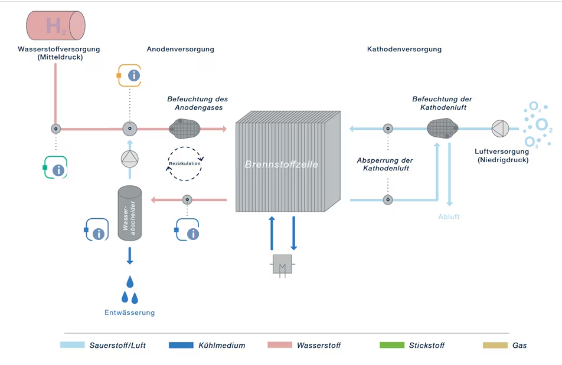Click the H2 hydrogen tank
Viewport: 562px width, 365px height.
[x=55, y=25]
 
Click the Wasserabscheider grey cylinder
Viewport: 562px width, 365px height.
[x=130, y=213]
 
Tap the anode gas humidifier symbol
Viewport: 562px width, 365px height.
[x=185, y=127]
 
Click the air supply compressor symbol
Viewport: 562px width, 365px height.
[x=500, y=128]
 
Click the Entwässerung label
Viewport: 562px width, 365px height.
[x=129, y=313]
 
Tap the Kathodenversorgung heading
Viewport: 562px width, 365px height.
[x=404, y=50]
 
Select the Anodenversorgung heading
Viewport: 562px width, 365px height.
[x=180, y=50]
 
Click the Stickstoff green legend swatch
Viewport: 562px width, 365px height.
[x=391, y=345]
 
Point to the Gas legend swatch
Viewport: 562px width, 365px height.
[x=495, y=345]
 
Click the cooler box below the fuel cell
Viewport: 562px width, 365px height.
[x=282, y=264]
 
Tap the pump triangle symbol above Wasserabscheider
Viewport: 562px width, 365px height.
[x=129, y=157]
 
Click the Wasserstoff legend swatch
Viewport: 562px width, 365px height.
[x=279, y=345]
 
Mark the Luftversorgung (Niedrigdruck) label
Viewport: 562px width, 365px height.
[x=502, y=156]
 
